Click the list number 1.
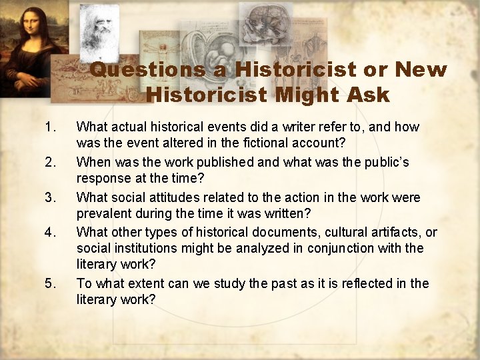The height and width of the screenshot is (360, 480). (x=49, y=127)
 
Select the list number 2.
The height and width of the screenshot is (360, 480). (x=49, y=162)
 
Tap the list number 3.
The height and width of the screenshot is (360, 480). (x=49, y=197)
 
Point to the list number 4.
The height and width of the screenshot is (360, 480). (x=49, y=233)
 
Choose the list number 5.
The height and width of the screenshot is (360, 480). (x=49, y=283)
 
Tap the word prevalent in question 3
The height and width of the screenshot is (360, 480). (x=104, y=213)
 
